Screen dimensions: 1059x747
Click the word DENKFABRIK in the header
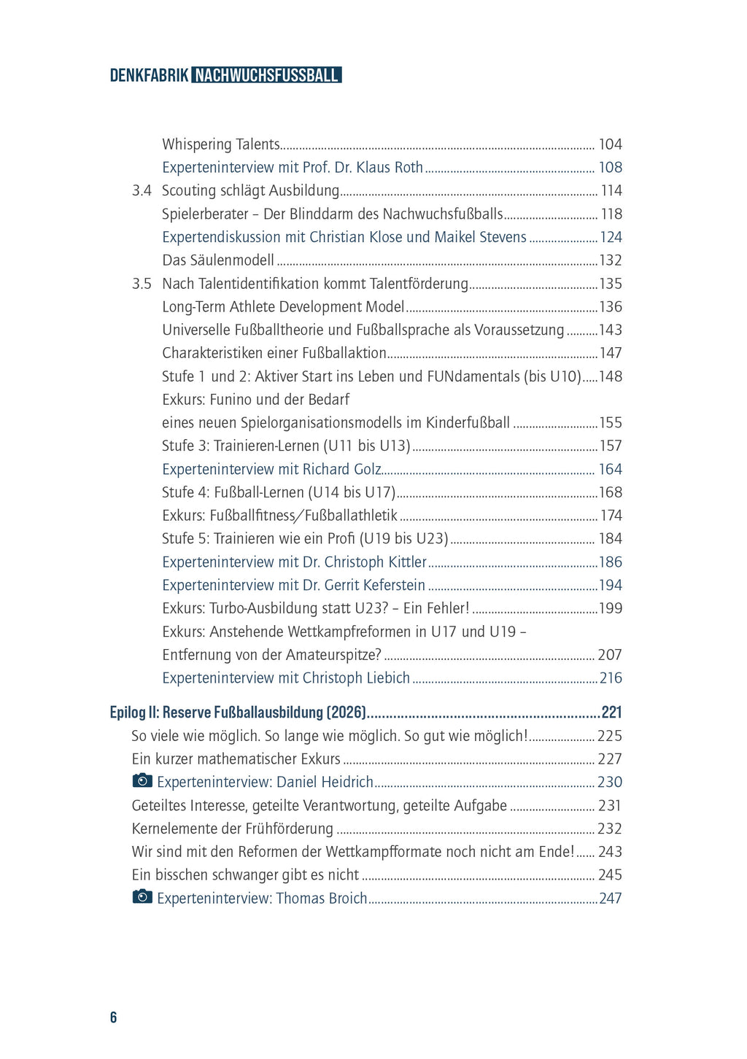[x=149, y=75]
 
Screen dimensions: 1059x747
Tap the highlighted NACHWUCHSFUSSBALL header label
[x=267, y=75]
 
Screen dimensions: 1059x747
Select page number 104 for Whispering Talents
[x=610, y=144]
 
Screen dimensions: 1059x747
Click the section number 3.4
[x=142, y=190]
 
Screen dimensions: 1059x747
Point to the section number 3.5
[x=142, y=284]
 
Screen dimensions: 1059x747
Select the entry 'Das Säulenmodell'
[x=218, y=260]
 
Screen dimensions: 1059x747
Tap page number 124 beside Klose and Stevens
[x=611, y=237]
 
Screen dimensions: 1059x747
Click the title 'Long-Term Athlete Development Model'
[x=283, y=307]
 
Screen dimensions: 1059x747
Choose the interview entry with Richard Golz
[x=271, y=470]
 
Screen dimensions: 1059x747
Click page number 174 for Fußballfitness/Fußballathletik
[x=611, y=516]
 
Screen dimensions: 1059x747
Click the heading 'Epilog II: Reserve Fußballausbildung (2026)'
[x=238, y=713]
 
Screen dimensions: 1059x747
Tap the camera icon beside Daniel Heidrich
[x=142, y=781]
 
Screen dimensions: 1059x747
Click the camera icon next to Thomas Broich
[x=142, y=897]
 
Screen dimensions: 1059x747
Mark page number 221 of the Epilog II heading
[x=611, y=713]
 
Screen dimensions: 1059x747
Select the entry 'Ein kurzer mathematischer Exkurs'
[x=236, y=759]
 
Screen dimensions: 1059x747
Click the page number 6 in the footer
[x=113, y=1017]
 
